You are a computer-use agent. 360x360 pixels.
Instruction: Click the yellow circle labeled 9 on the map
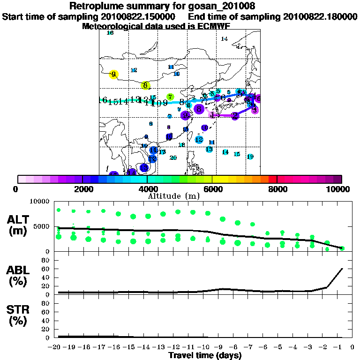(x=113, y=74)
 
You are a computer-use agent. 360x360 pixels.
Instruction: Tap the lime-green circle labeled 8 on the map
(x=145, y=85)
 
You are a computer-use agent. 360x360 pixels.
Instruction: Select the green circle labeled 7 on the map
(x=170, y=97)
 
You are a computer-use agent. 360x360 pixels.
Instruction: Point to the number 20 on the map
(x=173, y=158)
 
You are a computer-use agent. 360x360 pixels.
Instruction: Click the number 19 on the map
(x=250, y=157)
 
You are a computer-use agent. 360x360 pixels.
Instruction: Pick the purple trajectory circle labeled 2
(x=235, y=116)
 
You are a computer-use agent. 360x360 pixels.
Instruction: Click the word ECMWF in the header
(x=214, y=26)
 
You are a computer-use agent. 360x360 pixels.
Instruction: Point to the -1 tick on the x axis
(x=340, y=347)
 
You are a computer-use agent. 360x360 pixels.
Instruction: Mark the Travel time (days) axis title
(x=205, y=355)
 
